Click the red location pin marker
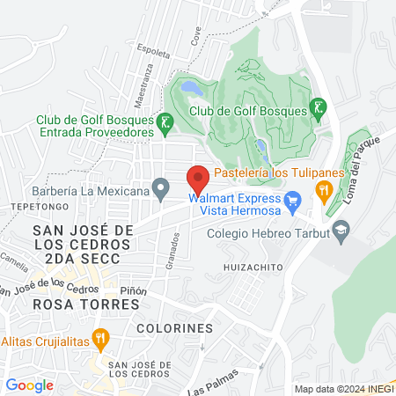[198, 180]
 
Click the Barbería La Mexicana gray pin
[160, 186]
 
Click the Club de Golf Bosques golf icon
[318, 109]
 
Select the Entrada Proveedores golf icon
[165, 124]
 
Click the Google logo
[29, 385]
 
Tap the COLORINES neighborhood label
[175, 327]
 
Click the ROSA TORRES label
[73, 304]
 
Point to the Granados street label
[178, 252]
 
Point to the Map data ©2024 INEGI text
[342, 388]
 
